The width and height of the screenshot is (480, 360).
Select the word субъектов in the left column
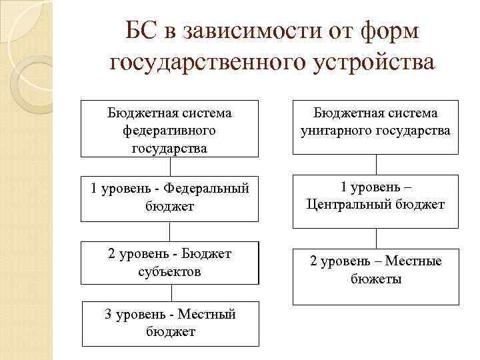[169, 272]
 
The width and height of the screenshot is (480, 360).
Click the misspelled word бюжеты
[376, 279]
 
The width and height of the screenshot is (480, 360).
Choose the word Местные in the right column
[414, 261]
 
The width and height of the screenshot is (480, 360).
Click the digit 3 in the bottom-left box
[109, 313]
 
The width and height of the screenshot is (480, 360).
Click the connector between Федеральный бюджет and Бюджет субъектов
[169, 231]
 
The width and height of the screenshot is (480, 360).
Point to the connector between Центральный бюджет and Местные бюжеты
[376, 237]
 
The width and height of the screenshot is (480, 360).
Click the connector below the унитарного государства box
[376, 165]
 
